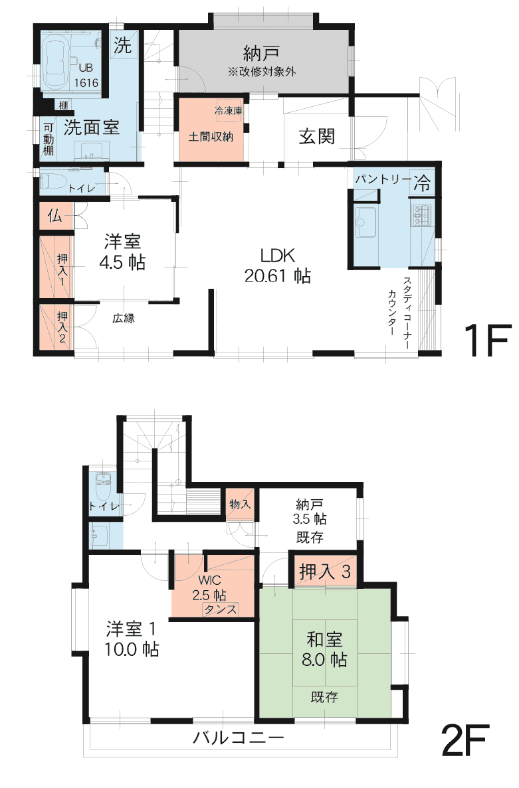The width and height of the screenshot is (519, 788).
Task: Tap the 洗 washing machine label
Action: click(122, 46)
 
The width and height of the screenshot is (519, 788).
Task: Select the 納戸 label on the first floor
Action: click(262, 53)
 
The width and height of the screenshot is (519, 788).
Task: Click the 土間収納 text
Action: click(211, 136)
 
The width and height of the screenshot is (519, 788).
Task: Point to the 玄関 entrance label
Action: click(317, 136)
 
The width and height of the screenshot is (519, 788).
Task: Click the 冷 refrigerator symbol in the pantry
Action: click(422, 183)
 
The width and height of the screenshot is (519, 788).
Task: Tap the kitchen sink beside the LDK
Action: click(365, 222)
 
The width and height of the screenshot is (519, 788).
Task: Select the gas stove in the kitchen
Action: click(423, 214)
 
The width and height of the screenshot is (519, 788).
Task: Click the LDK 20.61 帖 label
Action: click(278, 266)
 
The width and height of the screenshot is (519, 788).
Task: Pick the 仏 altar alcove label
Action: click(54, 216)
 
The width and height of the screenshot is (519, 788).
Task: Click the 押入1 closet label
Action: click(62, 270)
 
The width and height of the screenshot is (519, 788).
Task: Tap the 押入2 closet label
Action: click(62, 327)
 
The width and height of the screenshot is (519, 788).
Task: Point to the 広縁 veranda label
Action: click(124, 318)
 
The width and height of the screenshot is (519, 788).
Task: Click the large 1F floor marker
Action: click(487, 340)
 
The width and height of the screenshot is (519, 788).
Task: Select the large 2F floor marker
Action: click(465, 740)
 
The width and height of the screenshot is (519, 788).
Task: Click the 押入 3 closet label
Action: click(325, 572)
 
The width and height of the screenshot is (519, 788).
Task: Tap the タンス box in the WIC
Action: click(220, 609)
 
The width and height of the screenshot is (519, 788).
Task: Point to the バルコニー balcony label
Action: click(239, 738)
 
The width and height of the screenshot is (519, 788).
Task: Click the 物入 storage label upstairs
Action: click(240, 504)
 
